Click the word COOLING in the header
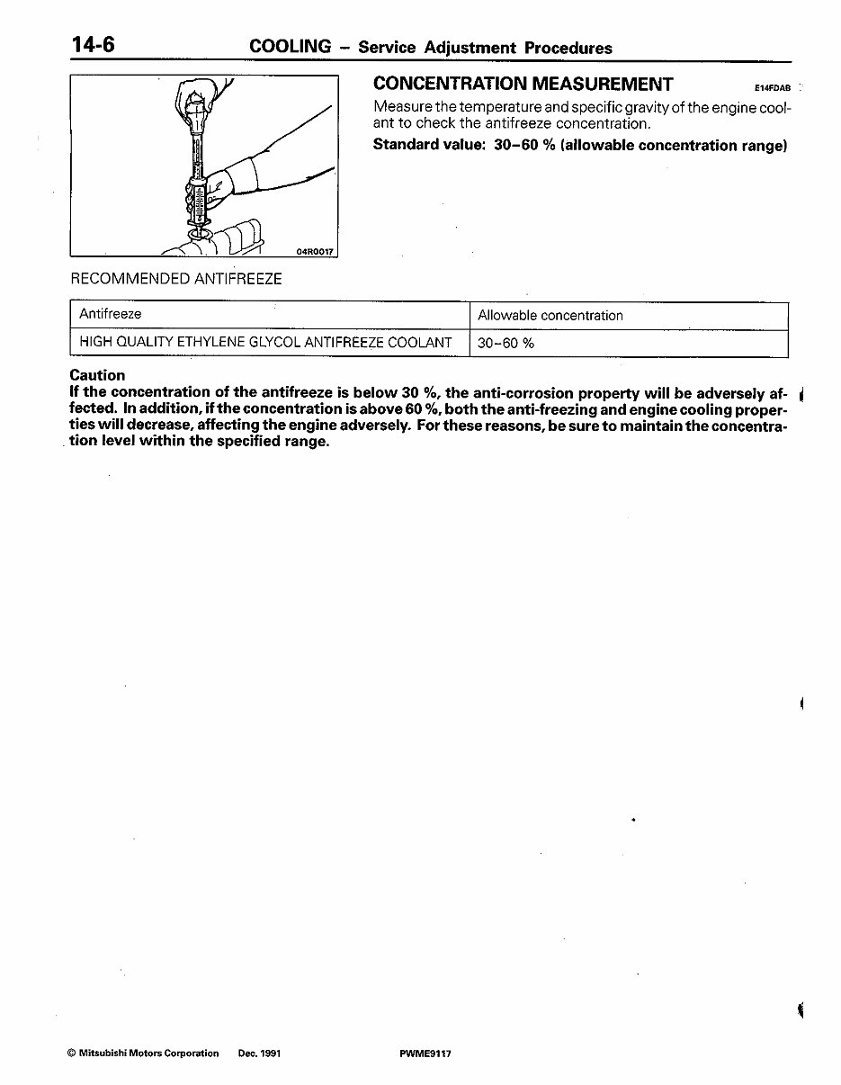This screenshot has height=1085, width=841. [x=290, y=47]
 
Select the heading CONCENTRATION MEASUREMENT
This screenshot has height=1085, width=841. [x=523, y=85]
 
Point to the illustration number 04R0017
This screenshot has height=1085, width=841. [x=315, y=252]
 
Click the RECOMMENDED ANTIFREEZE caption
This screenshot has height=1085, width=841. [x=176, y=279]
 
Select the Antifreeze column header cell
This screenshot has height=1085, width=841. [x=111, y=314]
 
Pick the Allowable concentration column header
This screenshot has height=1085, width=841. [x=550, y=316]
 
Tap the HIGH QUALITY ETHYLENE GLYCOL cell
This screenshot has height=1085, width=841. [x=265, y=342]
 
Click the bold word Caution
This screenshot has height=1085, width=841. [x=97, y=375]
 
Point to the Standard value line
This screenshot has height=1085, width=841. [x=579, y=145]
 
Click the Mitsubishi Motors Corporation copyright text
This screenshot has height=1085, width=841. [x=143, y=1053]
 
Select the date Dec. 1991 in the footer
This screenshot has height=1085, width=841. [x=259, y=1053]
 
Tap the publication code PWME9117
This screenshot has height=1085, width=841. [x=425, y=1053]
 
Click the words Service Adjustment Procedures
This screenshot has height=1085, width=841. [x=485, y=48]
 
